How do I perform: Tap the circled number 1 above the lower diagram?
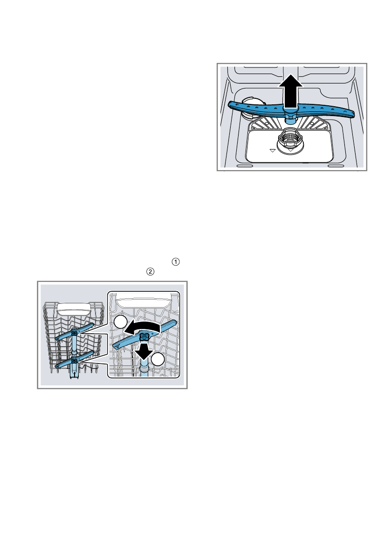coord(176,262)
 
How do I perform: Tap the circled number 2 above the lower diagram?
coord(151,271)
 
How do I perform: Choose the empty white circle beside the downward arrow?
coord(158,359)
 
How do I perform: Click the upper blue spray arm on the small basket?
coord(75,332)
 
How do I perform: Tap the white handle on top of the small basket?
coord(74,309)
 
